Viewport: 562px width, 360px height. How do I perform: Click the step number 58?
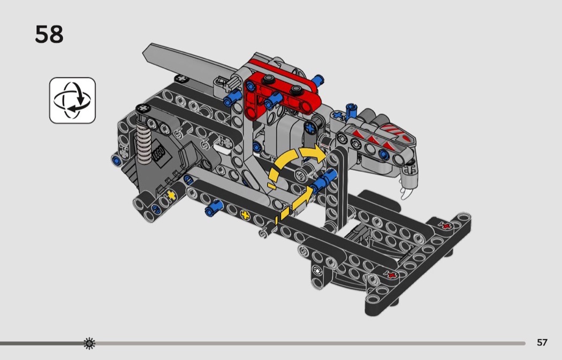click(49, 34)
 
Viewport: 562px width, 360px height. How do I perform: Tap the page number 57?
click(542, 342)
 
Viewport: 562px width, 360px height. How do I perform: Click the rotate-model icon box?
click(72, 101)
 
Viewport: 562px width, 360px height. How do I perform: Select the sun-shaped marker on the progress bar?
click(89, 343)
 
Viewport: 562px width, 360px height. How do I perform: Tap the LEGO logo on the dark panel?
click(158, 152)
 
